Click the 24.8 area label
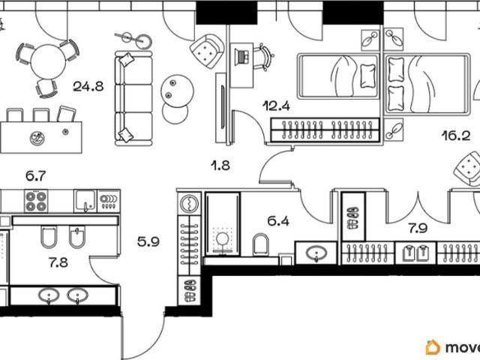point(88,87)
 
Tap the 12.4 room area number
point(277,106)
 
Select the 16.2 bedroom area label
point(456,135)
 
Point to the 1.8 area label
point(220,166)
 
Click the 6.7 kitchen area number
point(35,176)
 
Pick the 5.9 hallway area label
point(148,242)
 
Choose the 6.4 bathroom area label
point(278,220)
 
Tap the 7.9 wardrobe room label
point(418,228)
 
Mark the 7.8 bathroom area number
point(58,262)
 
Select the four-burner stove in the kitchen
point(36,201)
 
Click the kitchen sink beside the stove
point(85,201)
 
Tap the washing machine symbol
point(190,203)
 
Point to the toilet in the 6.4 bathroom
point(261,244)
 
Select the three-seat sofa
point(133,98)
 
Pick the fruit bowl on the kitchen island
point(37,138)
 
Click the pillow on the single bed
point(367,76)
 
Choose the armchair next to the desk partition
point(207,50)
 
